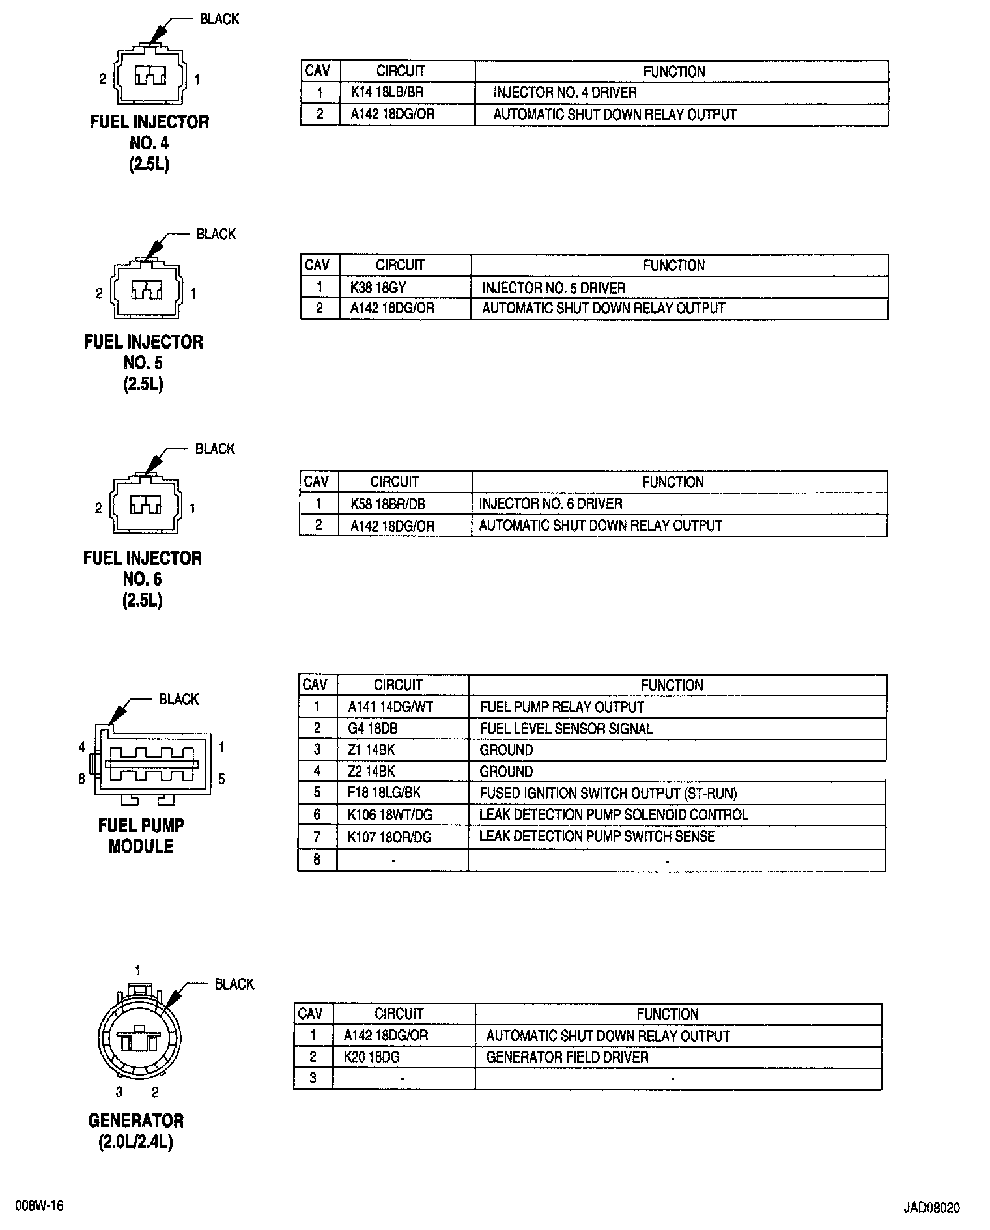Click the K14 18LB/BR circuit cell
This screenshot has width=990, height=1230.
tap(387, 93)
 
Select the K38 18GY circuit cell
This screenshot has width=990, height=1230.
tap(378, 287)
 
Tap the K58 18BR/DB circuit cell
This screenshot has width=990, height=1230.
tap(388, 504)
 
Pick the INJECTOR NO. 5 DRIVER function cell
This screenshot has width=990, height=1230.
tap(554, 287)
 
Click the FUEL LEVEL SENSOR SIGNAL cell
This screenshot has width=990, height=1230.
tap(566, 728)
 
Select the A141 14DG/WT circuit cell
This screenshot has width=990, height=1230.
tap(390, 707)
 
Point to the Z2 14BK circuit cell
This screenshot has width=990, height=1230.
tap(371, 771)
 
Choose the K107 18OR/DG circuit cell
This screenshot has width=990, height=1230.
tap(389, 837)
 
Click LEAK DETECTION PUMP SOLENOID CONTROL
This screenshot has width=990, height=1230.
tap(614, 815)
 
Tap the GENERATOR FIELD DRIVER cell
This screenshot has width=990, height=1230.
tap(567, 1057)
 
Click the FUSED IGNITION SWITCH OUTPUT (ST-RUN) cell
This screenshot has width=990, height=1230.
tap(608, 794)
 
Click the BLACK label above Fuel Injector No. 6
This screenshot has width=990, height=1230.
tap(215, 449)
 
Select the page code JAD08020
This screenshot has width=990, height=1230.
tap(931, 1207)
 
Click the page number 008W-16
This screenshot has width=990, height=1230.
tap(40, 1206)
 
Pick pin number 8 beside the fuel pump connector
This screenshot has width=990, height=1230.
tap(81, 779)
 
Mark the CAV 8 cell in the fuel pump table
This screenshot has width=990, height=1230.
tap(317, 859)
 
